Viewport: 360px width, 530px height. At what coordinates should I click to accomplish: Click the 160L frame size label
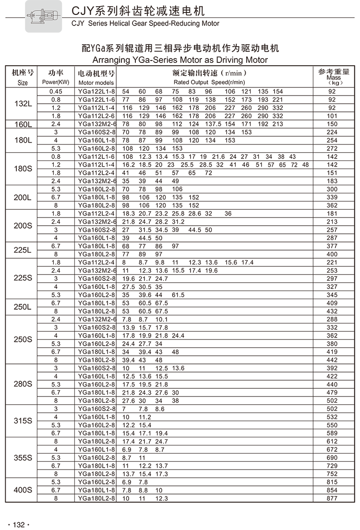[23, 124]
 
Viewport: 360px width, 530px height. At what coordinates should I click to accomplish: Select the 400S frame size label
[23, 490]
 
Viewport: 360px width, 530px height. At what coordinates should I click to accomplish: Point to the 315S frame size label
[23, 421]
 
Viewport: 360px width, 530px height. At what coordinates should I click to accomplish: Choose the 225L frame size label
[23, 250]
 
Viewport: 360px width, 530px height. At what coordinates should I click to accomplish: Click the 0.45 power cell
[56, 91]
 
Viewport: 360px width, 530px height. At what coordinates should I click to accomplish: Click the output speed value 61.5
[178, 295]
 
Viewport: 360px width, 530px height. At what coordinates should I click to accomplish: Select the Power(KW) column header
[56, 82]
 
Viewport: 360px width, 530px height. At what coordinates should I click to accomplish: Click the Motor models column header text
[96, 83]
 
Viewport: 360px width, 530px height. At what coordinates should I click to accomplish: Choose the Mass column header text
[333, 78]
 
